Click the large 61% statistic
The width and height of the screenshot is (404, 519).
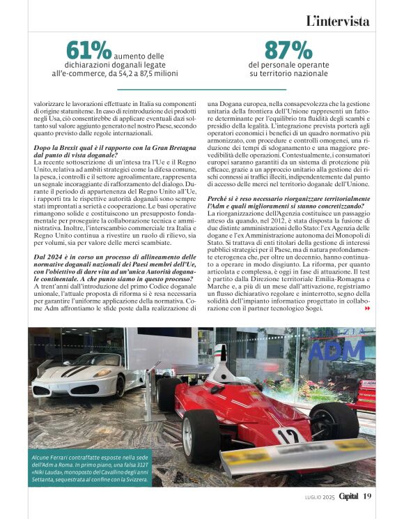point(88,50)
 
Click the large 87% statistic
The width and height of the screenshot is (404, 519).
point(288,50)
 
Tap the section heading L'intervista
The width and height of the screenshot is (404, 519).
point(337,21)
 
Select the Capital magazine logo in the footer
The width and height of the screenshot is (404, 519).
point(349,496)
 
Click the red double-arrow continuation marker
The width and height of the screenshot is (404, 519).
point(368,308)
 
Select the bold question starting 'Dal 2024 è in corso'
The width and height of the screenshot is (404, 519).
point(104,262)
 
